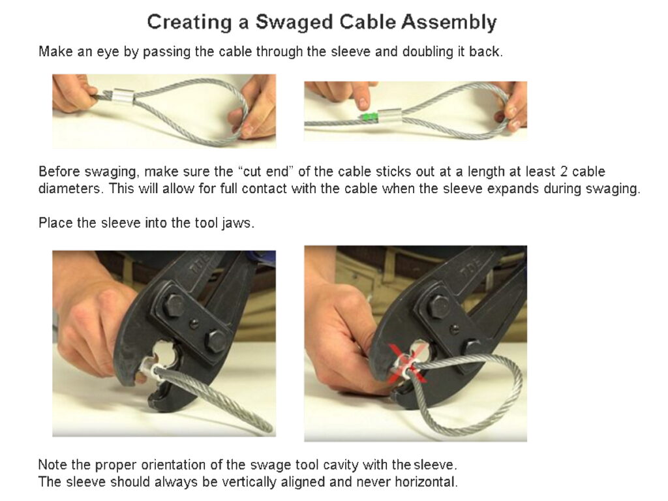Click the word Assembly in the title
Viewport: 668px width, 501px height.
tap(449, 22)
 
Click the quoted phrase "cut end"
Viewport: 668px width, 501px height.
tap(264, 172)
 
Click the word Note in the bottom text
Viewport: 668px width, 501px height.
tap(52, 465)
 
